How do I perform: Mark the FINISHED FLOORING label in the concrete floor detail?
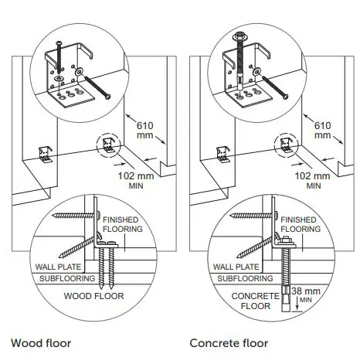pos(300,224)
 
